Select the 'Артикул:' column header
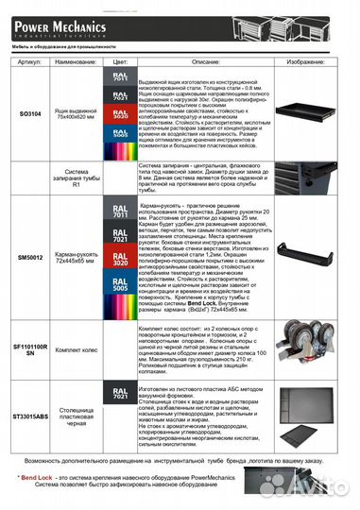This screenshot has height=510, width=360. click(30, 59)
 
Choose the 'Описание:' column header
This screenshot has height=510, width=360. click(195, 59)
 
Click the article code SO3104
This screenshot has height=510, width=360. click(29, 113)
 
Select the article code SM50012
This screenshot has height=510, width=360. click(30, 256)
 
